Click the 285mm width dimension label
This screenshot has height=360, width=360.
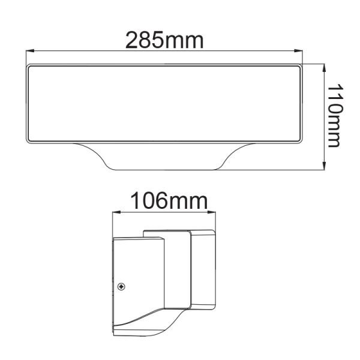[x=164, y=40]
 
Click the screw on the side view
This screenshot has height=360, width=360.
[x=122, y=287]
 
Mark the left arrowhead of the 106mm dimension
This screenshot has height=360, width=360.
[x=116, y=212]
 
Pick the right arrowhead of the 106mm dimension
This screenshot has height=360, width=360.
[x=214, y=212]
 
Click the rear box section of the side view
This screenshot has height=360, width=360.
[x=201, y=270]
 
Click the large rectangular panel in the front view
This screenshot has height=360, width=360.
[x=164, y=103]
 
